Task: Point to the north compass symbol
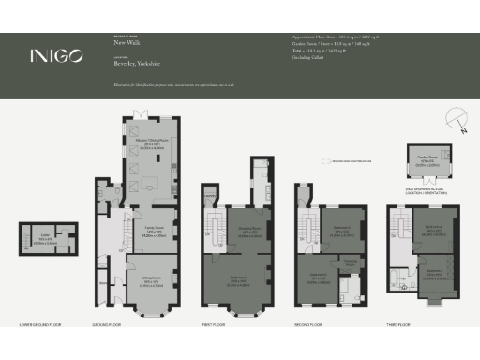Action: click(x=457, y=119)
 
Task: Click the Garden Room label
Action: click(x=428, y=158)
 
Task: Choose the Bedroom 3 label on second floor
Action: click(x=318, y=276)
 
